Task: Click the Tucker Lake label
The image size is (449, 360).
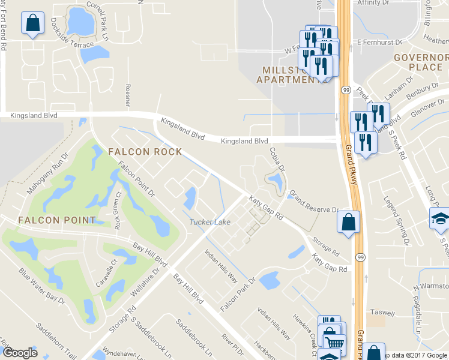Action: tap(210, 222)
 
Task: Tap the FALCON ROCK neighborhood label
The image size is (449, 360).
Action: tap(145, 152)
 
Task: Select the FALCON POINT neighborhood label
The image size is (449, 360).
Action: tap(56, 220)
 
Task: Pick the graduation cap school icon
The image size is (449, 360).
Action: tap(441, 220)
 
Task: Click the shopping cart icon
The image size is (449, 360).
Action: tap(333, 342)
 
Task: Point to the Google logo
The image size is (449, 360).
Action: tap(20, 353)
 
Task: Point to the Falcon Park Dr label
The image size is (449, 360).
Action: tap(238, 294)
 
